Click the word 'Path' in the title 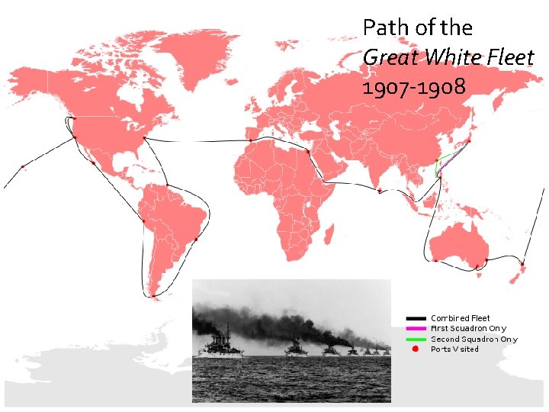pos(380,29)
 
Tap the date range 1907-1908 pos(414,87)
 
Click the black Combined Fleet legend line pos(416,318)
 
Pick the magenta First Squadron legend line pos(416,329)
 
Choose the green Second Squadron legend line pos(416,339)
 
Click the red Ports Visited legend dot pos(416,349)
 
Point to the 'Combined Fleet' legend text pos(461,318)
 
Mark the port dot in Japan pos(469,141)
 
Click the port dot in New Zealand pos(522,265)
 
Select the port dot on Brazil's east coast pos(197,239)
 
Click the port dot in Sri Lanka pos(379,191)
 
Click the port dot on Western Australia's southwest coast pos(435,260)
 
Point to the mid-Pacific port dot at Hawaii pos(23,166)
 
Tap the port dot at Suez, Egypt pos(308,151)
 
